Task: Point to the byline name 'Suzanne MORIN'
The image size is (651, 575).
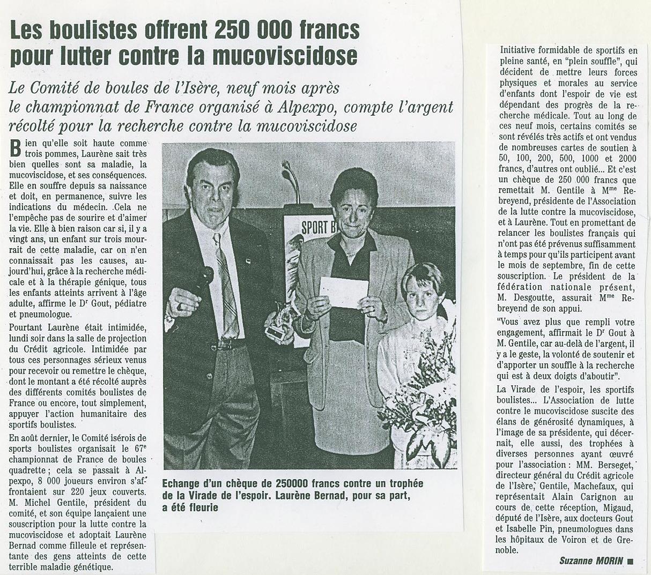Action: pos(591,561)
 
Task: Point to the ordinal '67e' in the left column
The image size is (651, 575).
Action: pos(140,449)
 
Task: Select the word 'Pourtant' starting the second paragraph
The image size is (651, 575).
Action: pos(27,327)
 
